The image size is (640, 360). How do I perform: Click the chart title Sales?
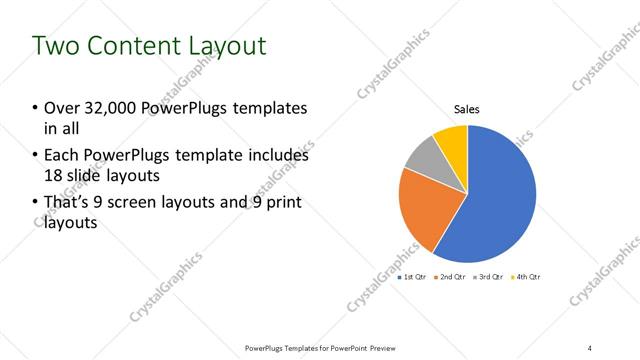(467, 109)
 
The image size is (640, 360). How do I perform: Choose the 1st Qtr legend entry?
(416, 276)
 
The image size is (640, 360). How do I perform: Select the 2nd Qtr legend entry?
(453, 276)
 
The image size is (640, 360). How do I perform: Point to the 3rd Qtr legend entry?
(490, 276)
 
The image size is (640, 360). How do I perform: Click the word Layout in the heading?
(230, 46)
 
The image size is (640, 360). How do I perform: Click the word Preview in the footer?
(379, 347)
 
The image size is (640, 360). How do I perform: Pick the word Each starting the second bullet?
(61, 156)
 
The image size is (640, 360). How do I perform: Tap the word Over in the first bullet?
(63, 108)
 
